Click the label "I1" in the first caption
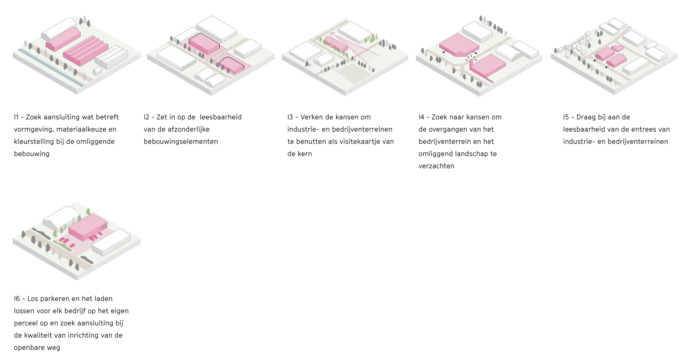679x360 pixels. click(16, 117)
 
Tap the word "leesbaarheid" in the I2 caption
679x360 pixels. click(221, 117)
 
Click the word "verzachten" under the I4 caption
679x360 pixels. click(437, 166)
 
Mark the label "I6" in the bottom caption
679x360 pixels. click(17, 299)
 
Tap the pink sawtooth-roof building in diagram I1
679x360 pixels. click(86, 51)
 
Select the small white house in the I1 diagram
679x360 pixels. click(97, 71)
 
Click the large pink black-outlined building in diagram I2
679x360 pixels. click(204, 44)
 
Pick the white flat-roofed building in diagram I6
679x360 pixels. click(111, 242)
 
